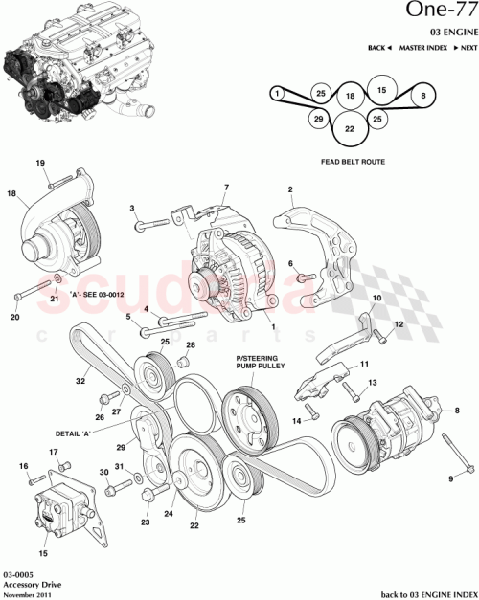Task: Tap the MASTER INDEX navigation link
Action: (418, 47)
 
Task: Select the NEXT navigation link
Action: (466, 47)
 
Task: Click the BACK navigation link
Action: (379, 47)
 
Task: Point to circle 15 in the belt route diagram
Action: (381, 90)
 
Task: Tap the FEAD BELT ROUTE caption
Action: (353, 163)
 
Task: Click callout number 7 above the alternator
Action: (226, 187)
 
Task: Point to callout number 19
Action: (41, 164)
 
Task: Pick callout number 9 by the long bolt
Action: (450, 478)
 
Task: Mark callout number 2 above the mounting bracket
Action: (290, 191)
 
